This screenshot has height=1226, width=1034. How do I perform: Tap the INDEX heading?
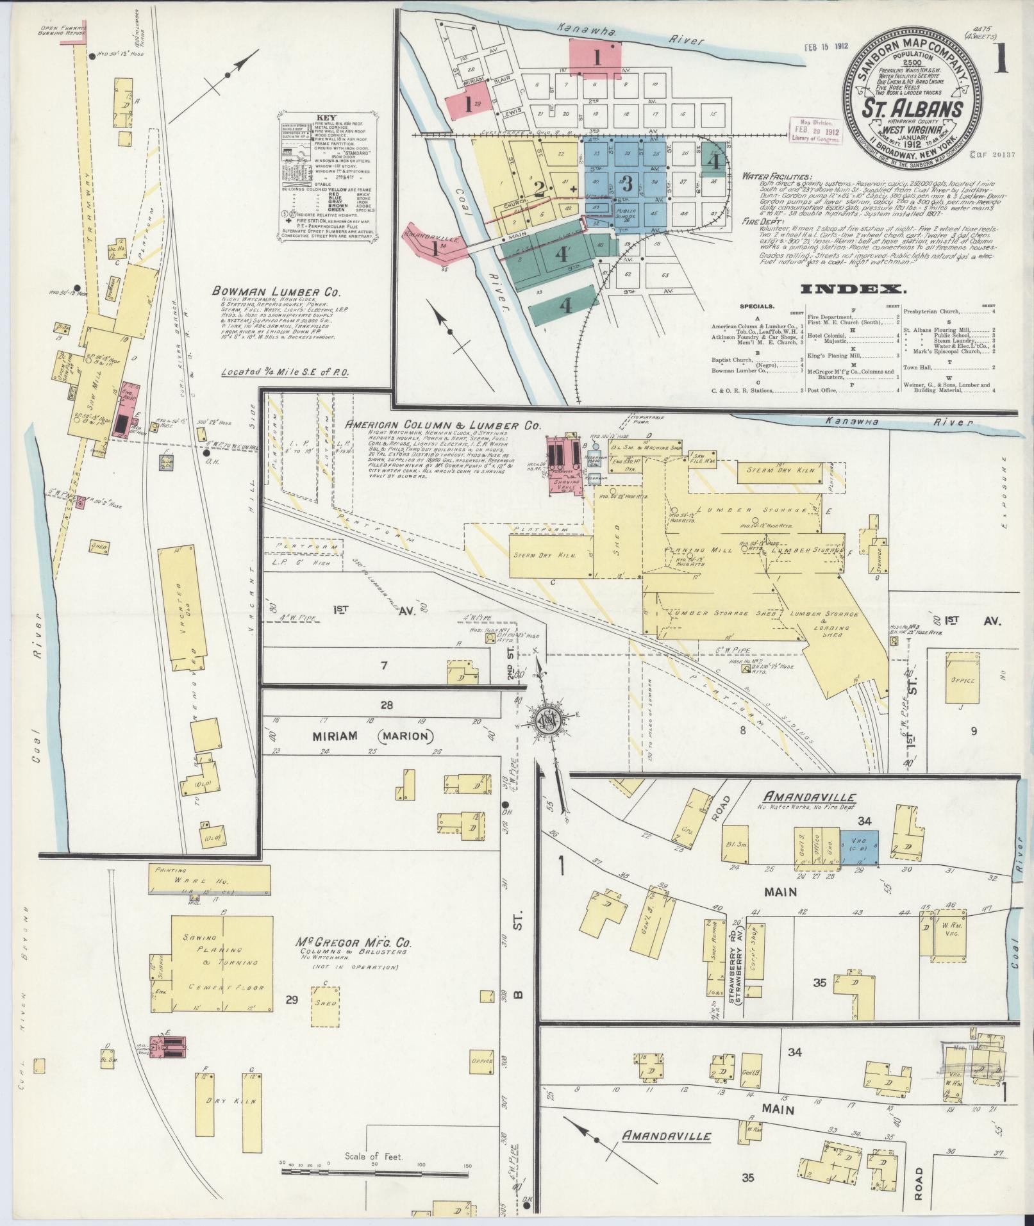tap(853, 290)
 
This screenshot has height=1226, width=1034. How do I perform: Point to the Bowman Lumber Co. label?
tap(276, 292)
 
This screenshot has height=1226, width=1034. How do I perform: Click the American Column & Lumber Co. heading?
tap(442, 425)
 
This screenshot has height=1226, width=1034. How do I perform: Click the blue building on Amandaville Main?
tap(859, 849)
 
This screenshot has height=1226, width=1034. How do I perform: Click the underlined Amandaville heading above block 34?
tap(810, 797)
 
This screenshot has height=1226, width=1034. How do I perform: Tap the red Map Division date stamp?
tap(817, 131)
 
